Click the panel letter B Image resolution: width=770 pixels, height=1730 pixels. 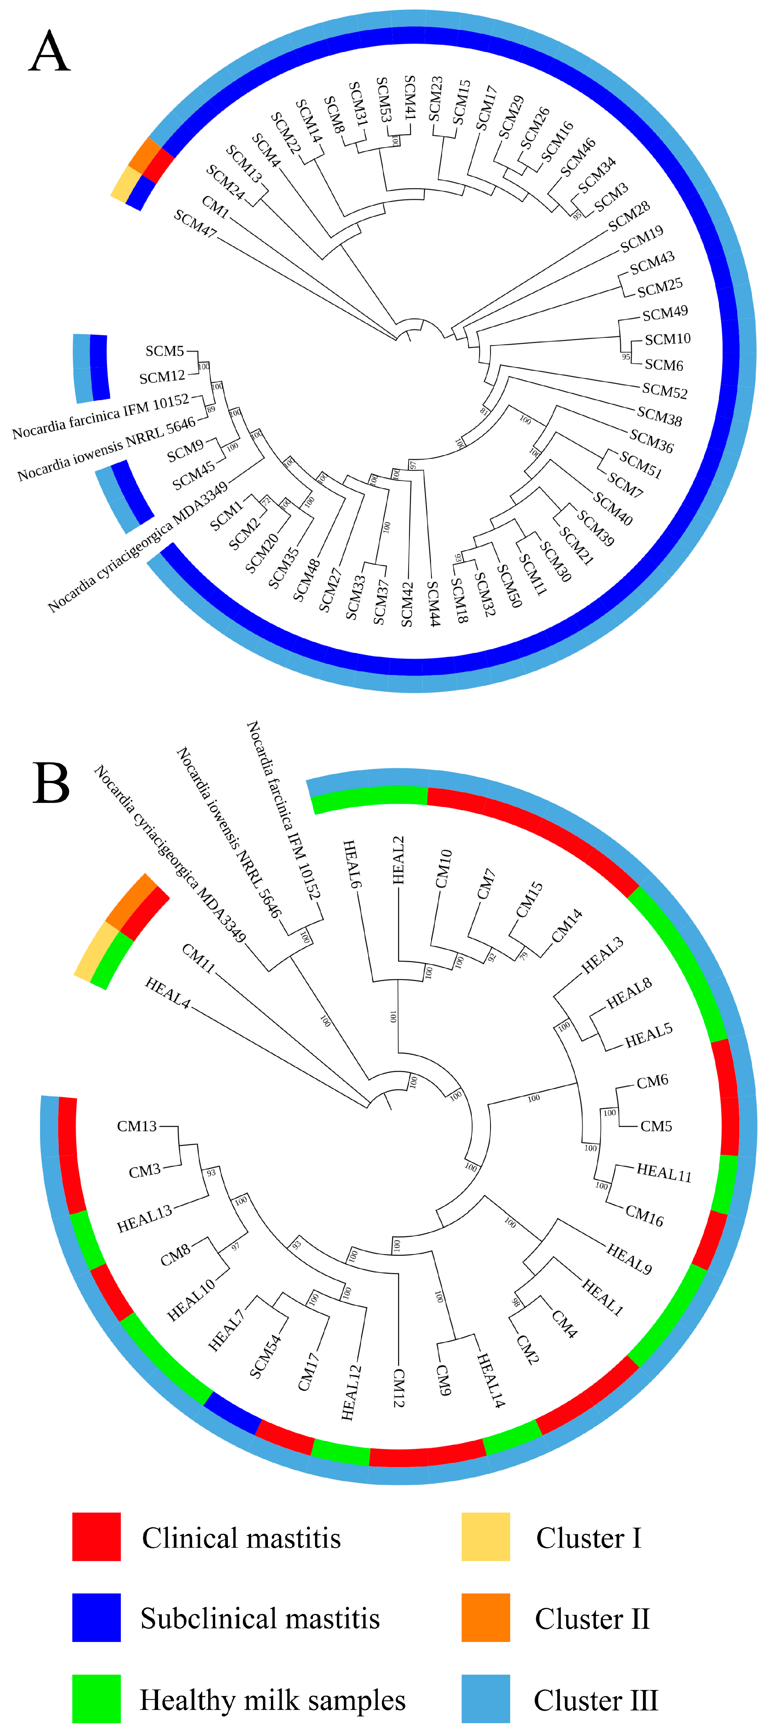[51, 783]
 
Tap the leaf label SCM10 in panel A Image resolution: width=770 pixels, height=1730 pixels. [667, 339]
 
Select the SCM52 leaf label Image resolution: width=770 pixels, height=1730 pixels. [665, 390]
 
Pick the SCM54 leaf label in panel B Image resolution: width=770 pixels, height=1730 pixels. [266, 1356]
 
